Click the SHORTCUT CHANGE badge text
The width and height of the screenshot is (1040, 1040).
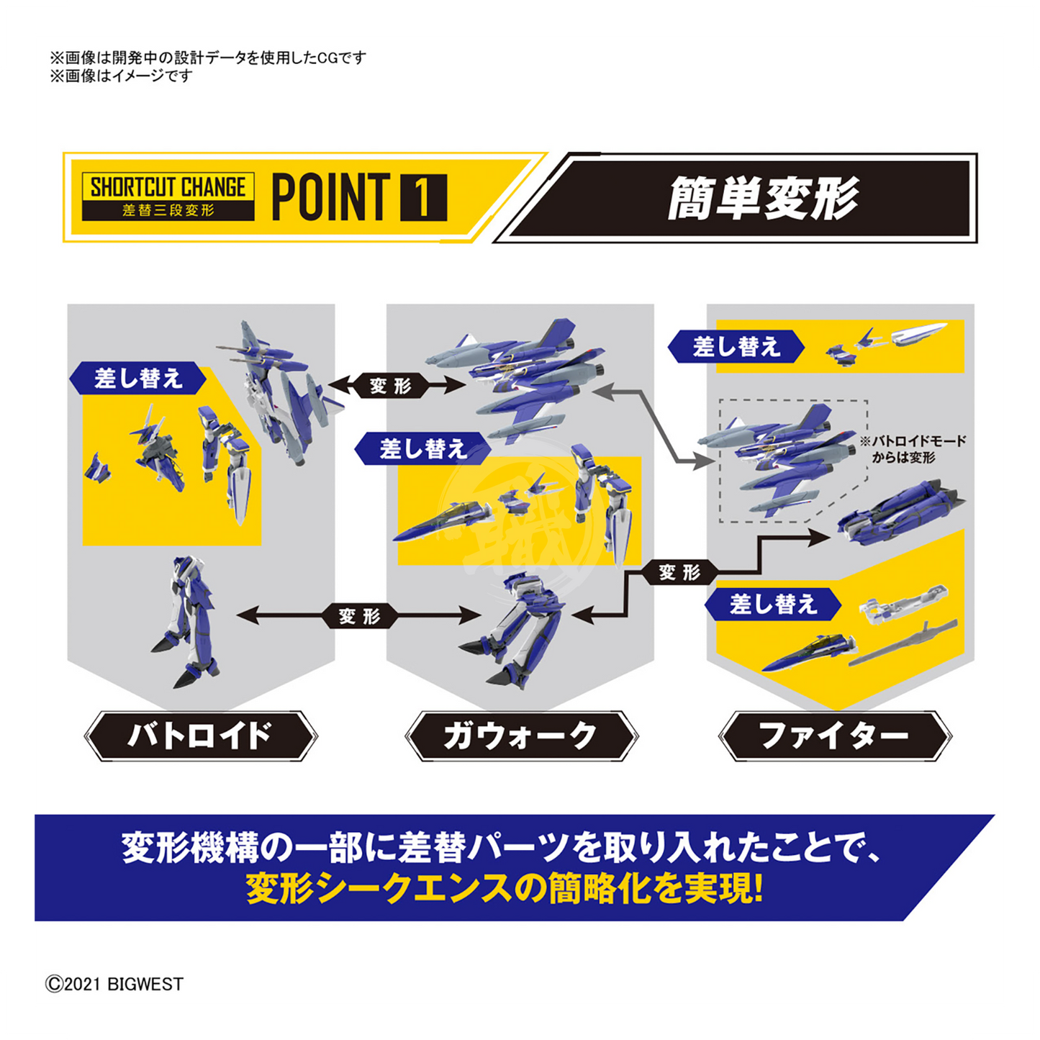click(x=168, y=187)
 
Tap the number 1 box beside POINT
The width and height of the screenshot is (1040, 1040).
click(x=423, y=197)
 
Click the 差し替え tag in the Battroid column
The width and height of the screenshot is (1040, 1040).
click(x=138, y=379)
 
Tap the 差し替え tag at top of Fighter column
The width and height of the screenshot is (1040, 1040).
click(x=736, y=346)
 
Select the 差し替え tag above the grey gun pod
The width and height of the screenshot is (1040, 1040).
click(x=773, y=604)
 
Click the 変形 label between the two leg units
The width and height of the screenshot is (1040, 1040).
click(x=359, y=616)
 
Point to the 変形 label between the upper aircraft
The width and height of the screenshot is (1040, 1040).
click(x=391, y=386)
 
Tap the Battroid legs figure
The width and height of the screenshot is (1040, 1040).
click(x=186, y=621)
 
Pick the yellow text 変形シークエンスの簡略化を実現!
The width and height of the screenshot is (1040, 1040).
click(x=505, y=889)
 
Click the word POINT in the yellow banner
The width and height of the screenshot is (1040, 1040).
click(x=331, y=197)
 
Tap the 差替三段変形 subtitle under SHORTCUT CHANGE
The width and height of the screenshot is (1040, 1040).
click(x=168, y=210)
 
